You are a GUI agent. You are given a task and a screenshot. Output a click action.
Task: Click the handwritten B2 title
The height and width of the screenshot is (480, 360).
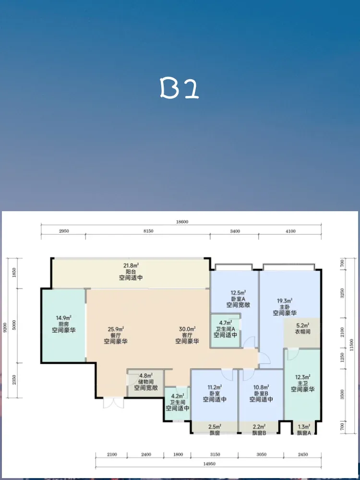tap(180, 88)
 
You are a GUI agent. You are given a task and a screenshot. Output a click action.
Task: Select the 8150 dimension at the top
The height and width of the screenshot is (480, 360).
tap(148, 231)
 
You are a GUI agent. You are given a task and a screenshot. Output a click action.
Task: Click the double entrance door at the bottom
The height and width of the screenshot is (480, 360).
tap(113, 403)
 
